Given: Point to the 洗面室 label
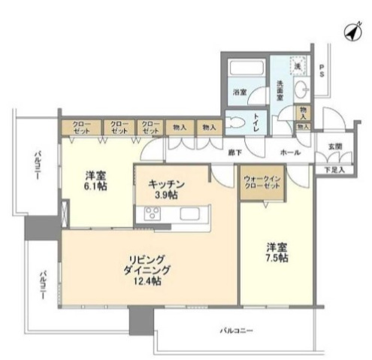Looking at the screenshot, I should [x=280, y=91].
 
